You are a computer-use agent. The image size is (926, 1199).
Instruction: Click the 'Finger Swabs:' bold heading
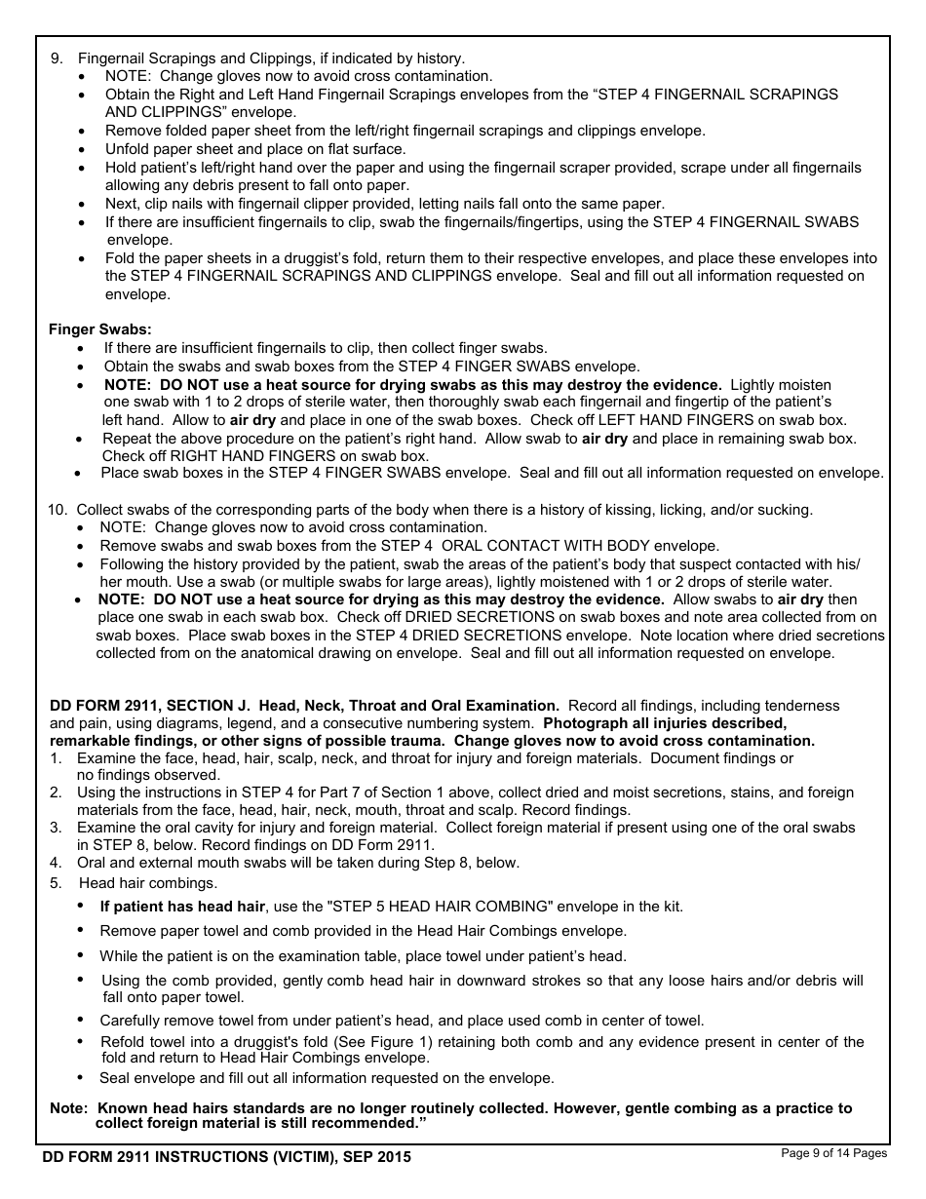click(100, 329)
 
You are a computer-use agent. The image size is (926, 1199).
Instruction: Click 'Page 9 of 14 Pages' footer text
click(834, 1154)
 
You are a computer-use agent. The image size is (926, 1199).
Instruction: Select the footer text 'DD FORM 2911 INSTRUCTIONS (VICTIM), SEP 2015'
click(227, 1157)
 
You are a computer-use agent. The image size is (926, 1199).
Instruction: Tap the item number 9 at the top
click(56, 58)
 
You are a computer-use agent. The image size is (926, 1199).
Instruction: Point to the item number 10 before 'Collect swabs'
click(57, 510)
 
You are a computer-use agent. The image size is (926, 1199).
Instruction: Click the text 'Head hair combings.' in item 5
click(148, 883)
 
